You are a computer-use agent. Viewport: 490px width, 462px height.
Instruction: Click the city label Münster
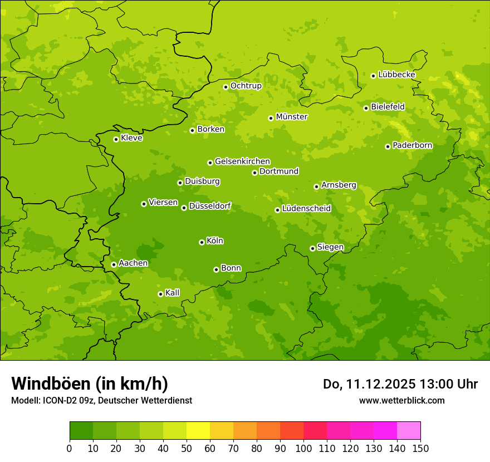click(291, 117)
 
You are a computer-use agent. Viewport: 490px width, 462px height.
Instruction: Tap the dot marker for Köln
click(202, 242)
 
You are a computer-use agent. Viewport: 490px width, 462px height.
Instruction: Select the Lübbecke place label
click(396, 75)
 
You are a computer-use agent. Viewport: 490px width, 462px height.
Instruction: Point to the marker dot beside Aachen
click(114, 264)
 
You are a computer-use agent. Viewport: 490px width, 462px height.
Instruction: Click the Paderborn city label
click(412, 145)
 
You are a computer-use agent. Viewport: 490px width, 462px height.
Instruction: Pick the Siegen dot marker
click(312, 249)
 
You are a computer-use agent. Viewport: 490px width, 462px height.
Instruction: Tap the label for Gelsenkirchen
click(242, 161)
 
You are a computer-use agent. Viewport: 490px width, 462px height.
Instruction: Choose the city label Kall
click(173, 293)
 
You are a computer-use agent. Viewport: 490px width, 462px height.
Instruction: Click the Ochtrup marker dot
click(226, 87)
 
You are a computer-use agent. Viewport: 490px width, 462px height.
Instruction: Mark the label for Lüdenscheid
click(306, 209)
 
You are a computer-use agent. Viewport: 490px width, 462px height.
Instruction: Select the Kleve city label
click(131, 138)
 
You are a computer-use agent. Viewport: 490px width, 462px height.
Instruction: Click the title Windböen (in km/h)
click(90, 384)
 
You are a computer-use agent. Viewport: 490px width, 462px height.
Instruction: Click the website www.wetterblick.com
click(401, 400)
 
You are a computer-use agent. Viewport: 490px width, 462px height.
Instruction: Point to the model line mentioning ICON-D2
click(101, 400)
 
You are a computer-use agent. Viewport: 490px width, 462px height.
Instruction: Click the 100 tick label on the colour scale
click(303, 448)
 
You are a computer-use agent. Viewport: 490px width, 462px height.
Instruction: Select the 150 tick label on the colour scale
click(420, 448)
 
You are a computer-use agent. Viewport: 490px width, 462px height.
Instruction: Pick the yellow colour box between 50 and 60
click(198, 431)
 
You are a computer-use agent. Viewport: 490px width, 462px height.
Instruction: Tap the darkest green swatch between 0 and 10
click(81, 431)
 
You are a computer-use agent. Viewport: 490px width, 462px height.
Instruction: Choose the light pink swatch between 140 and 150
click(409, 431)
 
